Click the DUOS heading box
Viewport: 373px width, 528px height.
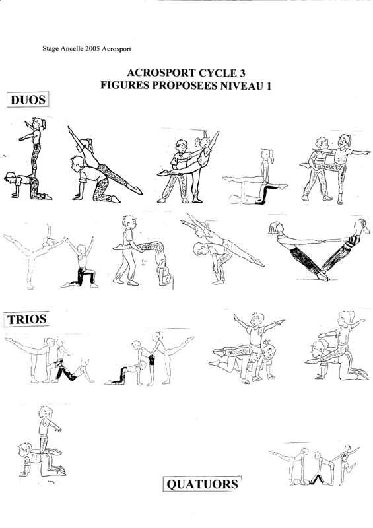pyautogui.click(x=28, y=100)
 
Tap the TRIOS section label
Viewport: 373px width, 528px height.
pyautogui.click(x=26, y=319)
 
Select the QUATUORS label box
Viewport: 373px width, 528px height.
pyautogui.click(x=202, y=484)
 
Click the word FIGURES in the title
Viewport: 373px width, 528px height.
pyautogui.click(x=125, y=86)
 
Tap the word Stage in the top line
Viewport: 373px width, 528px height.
pyautogui.click(x=50, y=49)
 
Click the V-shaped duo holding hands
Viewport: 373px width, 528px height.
pyautogui.click(x=320, y=250)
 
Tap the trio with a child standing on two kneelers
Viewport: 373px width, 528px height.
pyautogui.click(x=246, y=348)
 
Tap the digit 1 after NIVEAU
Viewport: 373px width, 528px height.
pyautogui.click(x=269, y=86)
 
